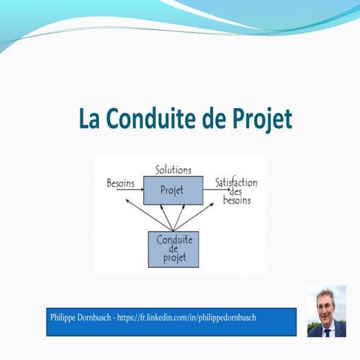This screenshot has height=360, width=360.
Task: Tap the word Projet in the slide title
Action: click(259, 119)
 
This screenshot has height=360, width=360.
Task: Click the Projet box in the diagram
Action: click(172, 190)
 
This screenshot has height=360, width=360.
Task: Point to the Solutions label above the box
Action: click(173, 170)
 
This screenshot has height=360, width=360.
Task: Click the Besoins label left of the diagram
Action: click(121, 182)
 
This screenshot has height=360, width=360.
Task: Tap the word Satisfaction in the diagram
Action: click(237, 182)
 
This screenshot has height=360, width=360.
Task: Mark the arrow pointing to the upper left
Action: click(147, 214)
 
